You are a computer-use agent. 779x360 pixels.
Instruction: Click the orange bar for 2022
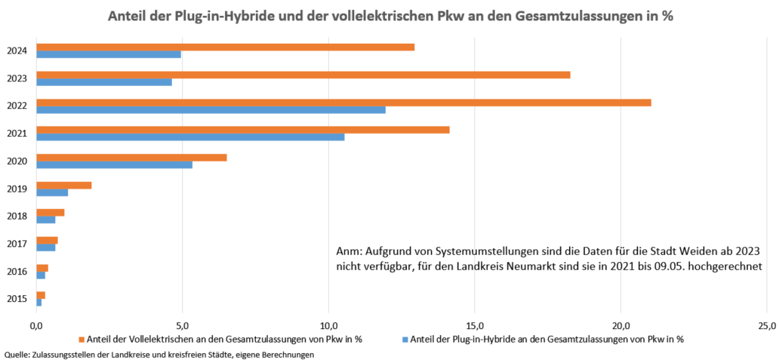(x=343, y=102)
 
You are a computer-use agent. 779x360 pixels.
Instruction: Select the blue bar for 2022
(x=211, y=110)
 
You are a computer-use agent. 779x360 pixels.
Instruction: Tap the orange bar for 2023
(x=303, y=74)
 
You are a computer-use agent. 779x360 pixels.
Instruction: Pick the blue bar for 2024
(x=109, y=54)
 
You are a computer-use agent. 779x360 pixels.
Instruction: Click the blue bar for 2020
(x=114, y=165)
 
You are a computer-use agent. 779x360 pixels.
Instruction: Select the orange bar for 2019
(x=64, y=185)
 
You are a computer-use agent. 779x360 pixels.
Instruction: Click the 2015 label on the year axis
(x=17, y=299)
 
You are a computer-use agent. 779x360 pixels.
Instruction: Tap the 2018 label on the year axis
(x=17, y=216)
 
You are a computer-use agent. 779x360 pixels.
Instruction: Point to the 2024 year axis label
(x=17, y=51)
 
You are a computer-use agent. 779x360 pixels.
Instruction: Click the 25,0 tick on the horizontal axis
(x=765, y=325)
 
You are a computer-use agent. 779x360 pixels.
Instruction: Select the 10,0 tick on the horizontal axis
(x=328, y=325)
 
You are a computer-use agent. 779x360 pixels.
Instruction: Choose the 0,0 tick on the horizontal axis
(x=36, y=325)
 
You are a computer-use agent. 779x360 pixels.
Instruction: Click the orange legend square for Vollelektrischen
(x=82, y=339)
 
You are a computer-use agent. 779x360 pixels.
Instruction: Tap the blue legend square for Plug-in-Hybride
(x=405, y=339)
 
